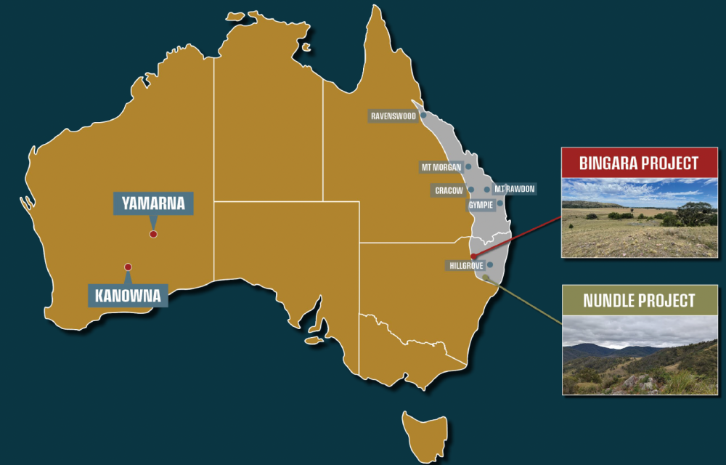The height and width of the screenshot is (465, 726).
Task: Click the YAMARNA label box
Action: click(154, 203)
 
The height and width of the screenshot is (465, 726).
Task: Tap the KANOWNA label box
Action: click(128, 296)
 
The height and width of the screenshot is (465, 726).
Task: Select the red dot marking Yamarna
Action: click(153, 234)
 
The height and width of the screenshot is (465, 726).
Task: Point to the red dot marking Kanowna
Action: click(128, 267)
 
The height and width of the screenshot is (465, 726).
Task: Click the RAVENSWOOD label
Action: click(392, 116)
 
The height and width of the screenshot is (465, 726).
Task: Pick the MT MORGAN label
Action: click(441, 167)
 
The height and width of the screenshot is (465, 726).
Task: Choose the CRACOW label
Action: click(449, 190)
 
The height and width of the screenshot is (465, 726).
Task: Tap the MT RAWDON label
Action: click(514, 190)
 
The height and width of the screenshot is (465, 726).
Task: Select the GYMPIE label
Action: click(480, 205)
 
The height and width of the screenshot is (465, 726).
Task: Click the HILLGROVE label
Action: click(465, 266)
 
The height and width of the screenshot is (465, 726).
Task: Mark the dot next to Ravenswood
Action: click(423, 115)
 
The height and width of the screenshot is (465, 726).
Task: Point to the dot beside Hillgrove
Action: click(490, 265)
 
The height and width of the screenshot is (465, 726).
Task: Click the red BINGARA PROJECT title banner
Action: click(639, 163)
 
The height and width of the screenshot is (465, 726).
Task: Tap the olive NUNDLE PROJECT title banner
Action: click(639, 300)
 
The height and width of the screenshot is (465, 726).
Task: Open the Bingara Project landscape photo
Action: click(639, 217)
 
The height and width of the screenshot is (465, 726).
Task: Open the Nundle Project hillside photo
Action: click(639, 355)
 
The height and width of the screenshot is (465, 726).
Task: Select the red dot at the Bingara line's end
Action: click(473, 256)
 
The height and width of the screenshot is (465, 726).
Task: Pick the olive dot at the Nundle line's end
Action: click(485, 277)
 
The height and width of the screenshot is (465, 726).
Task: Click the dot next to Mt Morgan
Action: click(468, 166)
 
